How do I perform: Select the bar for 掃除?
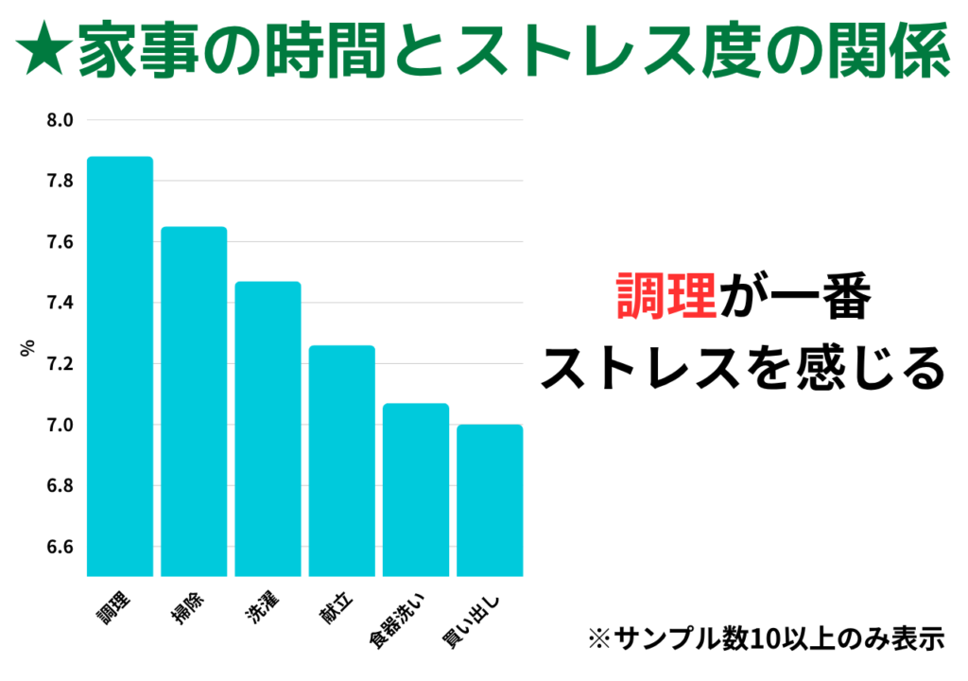pyautogui.click(x=194, y=401)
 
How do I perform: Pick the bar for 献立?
pyautogui.click(x=342, y=461)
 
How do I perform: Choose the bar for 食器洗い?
pyautogui.click(x=416, y=489)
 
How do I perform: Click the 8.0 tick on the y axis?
pyautogui.click(x=60, y=120)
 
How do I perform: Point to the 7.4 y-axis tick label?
pyautogui.click(x=60, y=303)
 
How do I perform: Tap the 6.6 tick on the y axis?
pyautogui.click(x=60, y=547)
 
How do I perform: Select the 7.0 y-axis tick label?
pyautogui.click(x=60, y=425)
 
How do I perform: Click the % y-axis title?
pyautogui.click(x=26, y=348)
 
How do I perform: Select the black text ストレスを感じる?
pyautogui.click(x=742, y=370)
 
